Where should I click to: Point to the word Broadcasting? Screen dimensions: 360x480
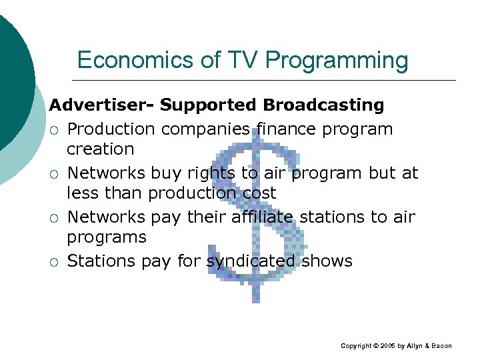coord(323,105)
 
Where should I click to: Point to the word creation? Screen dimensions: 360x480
coord(101,149)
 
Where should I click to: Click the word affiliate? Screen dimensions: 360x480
coord(262,217)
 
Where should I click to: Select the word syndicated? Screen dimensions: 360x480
coord(251,261)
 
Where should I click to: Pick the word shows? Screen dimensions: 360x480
coord(327,261)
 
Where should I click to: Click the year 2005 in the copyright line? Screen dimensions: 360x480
coord(389,346)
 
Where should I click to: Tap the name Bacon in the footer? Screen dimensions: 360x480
coord(440,346)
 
